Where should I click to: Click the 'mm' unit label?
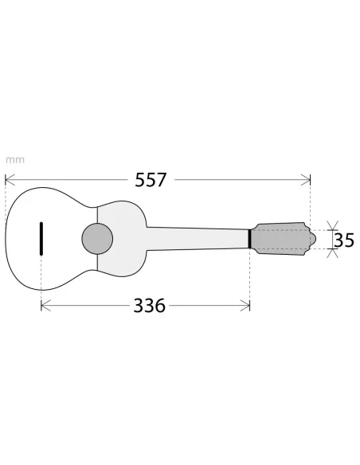click(x=15, y=158)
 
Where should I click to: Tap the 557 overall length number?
click(x=151, y=180)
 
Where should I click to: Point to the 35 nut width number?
click(x=344, y=239)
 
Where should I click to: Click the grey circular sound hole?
click(x=96, y=238)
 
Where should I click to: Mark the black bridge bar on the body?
click(x=41, y=239)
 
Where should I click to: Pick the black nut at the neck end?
click(x=250, y=238)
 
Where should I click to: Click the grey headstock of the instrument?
click(x=279, y=238)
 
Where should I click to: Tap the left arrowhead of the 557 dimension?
click(x=8, y=180)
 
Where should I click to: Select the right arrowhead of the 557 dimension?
click(x=307, y=180)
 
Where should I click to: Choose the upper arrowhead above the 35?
click(x=332, y=225)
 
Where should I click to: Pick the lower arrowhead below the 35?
click(x=332, y=252)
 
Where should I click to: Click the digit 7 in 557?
click(x=162, y=180)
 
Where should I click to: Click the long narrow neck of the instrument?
click(x=199, y=238)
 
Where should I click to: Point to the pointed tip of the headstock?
click(x=310, y=238)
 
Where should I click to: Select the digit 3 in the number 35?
click(x=338, y=239)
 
